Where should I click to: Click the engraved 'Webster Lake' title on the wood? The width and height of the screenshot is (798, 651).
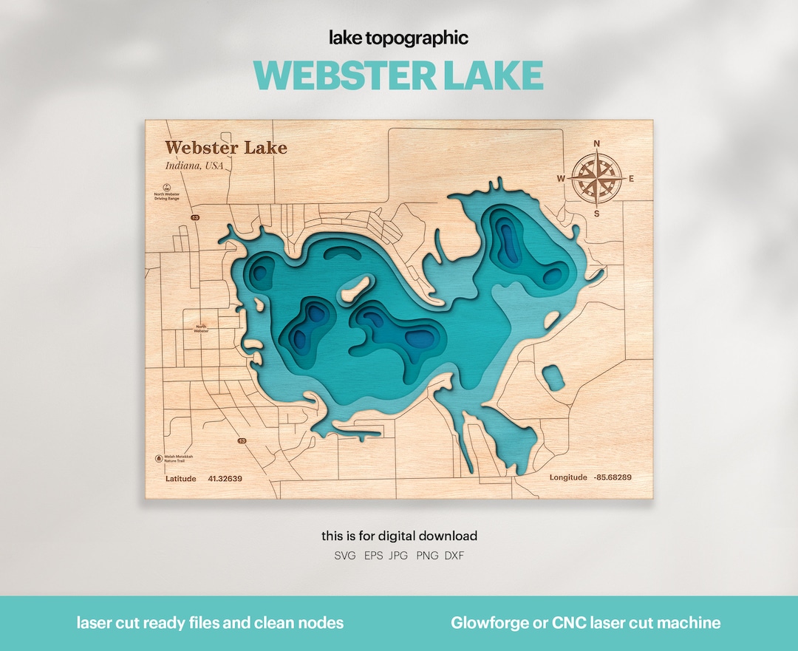[x=225, y=148]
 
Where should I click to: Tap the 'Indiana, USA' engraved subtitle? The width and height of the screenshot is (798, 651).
[x=194, y=166]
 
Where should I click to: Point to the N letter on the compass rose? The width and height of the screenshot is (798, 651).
[x=597, y=144]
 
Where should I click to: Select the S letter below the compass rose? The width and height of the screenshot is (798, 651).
[x=597, y=214]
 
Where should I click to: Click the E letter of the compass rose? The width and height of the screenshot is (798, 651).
[x=631, y=179]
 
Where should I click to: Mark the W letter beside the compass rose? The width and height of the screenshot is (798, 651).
[x=561, y=179]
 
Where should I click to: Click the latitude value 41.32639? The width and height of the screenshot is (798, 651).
[x=225, y=479]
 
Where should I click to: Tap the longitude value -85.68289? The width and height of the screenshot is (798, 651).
[x=613, y=477]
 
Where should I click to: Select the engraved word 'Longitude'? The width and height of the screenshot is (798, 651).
[x=568, y=477]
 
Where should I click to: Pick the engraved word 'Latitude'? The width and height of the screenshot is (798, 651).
[x=180, y=479]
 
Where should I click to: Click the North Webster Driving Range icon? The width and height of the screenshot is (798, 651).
[x=166, y=187]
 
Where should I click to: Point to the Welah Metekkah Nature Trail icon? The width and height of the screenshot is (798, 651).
[x=159, y=458]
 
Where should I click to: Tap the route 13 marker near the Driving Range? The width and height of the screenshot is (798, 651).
[x=195, y=218]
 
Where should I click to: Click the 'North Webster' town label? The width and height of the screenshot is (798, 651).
[x=201, y=328]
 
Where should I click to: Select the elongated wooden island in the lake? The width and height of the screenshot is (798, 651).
[x=356, y=287]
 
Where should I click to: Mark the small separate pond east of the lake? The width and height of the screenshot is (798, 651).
[x=553, y=378]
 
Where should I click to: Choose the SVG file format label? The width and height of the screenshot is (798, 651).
[x=345, y=555]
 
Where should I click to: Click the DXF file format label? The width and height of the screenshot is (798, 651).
[x=454, y=555]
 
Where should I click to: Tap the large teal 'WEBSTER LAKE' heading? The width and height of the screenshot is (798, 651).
[x=399, y=75]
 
